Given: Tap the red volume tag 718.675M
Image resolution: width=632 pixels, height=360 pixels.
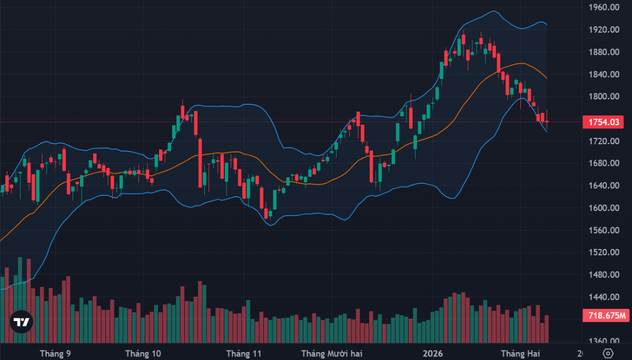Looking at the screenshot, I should (605, 316).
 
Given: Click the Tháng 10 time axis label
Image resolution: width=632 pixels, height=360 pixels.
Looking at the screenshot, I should (143, 353).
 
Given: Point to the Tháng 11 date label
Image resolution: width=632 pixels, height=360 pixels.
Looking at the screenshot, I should (243, 353).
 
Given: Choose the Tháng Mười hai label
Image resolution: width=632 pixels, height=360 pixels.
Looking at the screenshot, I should (332, 353).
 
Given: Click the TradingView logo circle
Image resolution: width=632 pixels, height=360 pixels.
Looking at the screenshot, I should (22, 322).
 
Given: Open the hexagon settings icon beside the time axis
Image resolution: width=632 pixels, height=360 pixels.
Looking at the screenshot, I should (608, 353).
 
